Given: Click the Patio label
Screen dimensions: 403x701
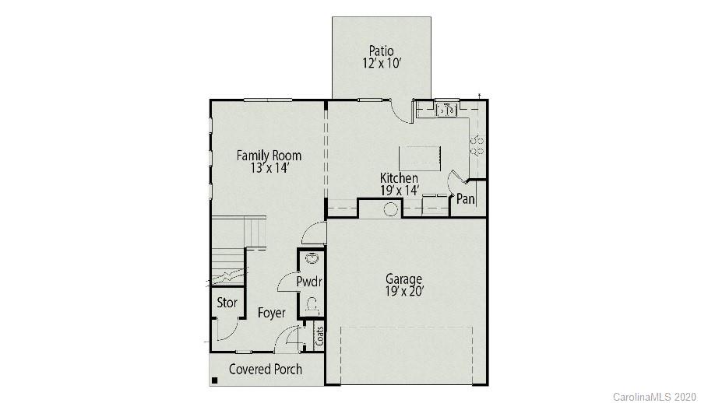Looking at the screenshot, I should point(381,52).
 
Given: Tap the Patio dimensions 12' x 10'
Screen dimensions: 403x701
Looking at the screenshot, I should point(381,65).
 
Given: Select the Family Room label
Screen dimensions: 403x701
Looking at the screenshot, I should point(269,156).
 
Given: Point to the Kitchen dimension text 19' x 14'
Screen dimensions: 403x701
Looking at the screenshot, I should point(399,190).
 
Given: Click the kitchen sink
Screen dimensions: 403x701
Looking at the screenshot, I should point(446,110).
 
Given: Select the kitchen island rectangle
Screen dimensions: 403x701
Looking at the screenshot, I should point(419,158).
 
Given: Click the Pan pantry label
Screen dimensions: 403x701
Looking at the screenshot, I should point(465,199).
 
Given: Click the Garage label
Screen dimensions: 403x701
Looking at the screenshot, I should point(404,279).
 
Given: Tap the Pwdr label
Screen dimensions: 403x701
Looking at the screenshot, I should point(309,282).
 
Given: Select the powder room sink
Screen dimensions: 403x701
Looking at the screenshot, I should point(312,259).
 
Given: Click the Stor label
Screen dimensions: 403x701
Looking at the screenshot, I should point(227,303).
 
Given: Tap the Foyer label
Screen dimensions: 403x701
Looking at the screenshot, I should point(272,313).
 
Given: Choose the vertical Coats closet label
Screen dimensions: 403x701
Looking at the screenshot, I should point(319,336).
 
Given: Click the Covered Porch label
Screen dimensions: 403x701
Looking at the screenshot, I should point(265,369).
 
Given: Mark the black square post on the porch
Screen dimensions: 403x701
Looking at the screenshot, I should point(214,380).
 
